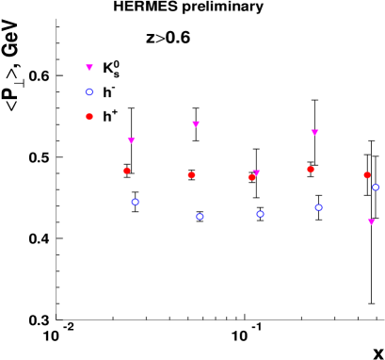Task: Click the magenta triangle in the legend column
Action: coord(89,68)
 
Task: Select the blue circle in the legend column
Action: coord(89,92)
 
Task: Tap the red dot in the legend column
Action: coord(89,117)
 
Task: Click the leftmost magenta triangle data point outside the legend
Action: coord(131,140)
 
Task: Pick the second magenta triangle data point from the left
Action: coord(196,123)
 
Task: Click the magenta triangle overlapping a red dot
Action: coord(256,173)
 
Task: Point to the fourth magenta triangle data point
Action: coord(314,133)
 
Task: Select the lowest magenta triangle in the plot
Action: coord(371,222)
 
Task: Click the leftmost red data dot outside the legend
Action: coord(127,171)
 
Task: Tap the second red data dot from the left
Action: coord(191,174)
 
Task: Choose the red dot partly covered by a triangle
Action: coord(251,177)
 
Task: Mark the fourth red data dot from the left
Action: coord(311,170)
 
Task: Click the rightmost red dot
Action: coord(367,175)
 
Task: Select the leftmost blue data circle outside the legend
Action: coord(136,202)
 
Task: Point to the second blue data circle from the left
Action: coord(200,217)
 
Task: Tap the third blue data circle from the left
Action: coord(260,214)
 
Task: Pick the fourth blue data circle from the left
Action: coord(319,207)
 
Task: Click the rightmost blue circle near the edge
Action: coord(376,188)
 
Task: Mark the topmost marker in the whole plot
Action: coord(89,68)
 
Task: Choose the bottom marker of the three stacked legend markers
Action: coord(89,117)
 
